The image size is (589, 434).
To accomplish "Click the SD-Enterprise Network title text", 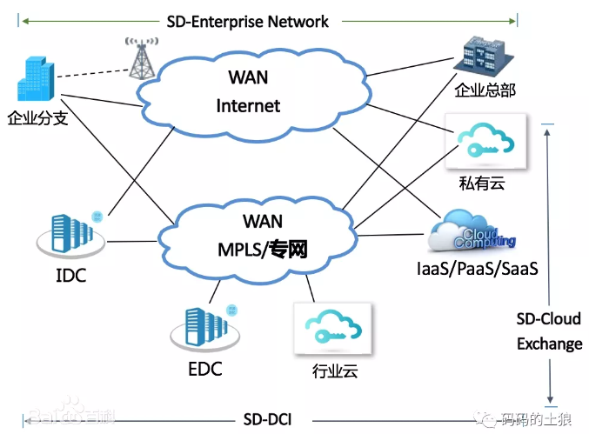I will (247, 21).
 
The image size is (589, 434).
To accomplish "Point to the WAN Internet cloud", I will (248, 92).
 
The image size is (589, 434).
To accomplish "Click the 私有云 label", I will (481, 183).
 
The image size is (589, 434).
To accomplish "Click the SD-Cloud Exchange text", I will (549, 331).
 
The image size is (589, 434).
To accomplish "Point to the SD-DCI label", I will (267, 421).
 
